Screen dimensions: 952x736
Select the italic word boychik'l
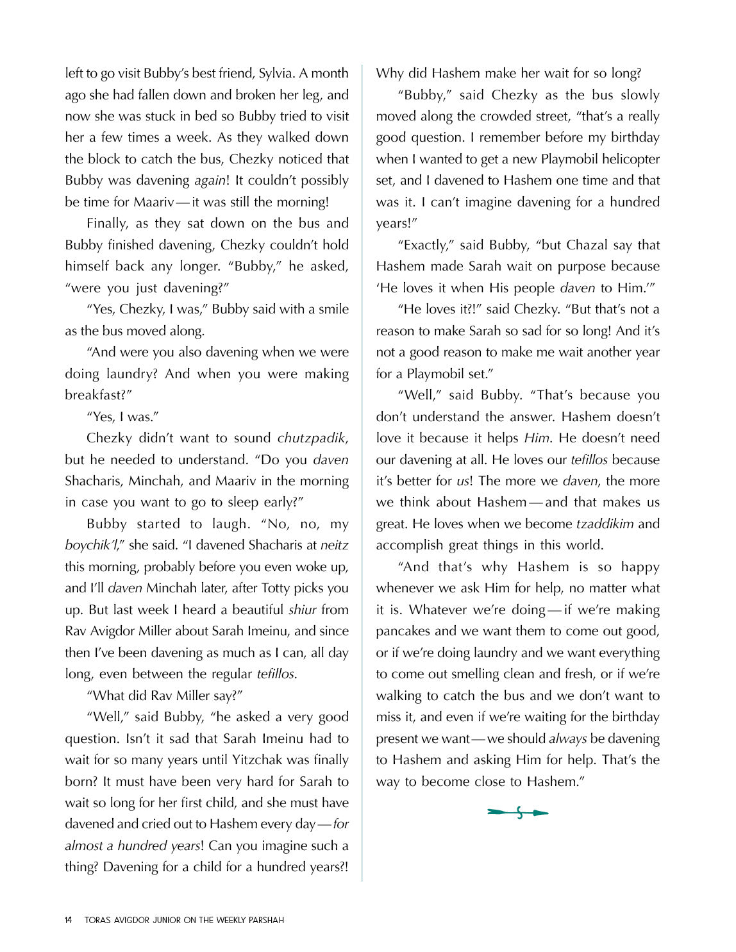[90, 546]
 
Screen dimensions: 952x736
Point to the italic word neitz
[334, 546]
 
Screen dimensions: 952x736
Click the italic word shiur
[302, 610]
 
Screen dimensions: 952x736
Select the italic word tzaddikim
[605, 524]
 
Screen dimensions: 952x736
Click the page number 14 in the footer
[69, 920]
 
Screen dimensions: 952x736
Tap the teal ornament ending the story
[518, 813]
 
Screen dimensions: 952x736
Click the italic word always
[567, 739]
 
